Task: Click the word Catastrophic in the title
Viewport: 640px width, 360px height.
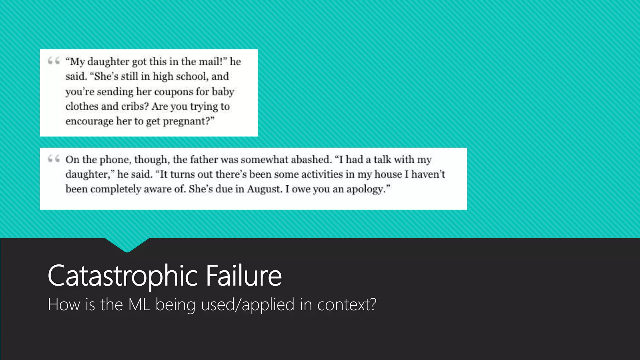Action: [x=122, y=276]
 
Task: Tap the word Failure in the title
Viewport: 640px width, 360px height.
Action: [x=244, y=276]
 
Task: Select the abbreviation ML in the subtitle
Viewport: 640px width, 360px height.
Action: [x=139, y=304]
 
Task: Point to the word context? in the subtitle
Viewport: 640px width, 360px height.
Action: [x=347, y=304]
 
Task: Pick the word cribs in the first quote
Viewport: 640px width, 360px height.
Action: [x=133, y=106]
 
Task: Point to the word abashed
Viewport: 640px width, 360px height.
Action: [x=311, y=159]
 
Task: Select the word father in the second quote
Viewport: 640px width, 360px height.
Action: [x=203, y=159]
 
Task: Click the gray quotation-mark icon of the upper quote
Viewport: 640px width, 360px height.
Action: [x=53, y=61]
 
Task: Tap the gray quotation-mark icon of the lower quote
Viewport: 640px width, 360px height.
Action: [x=53, y=159]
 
